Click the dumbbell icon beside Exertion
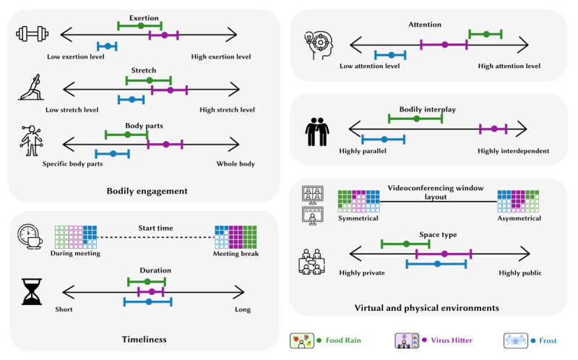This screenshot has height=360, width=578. pyautogui.click(x=33, y=34)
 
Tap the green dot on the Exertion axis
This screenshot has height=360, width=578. pyautogui.click(x=141, y=26)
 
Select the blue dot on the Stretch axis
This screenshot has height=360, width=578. pyautogui.click(x=132, y=100)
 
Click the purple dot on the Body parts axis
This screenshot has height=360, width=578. pyautogui.click(x=166, y=145)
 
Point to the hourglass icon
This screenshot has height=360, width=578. pyautogui.click(x=32, y=292)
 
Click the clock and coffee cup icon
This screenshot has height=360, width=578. pyautogui.click(x=30, y=236)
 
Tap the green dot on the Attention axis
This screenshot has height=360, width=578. pyautogui.click(x=486, y=34)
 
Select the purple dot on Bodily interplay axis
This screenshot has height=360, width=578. pyautogui.click(x=494, y=129)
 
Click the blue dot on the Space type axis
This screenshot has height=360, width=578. pyautogui.click(x=438, y=264)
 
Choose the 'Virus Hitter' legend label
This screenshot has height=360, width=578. pyautogui.click(x=452, y=340)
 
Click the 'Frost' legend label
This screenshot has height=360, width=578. pyautogui.click(x=548, y=340)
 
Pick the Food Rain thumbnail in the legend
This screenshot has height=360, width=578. pyautogui.click(x=302, y=340)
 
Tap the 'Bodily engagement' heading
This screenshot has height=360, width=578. pyautogui.click(x=147, y=191)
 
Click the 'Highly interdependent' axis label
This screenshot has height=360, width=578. pyautogui.click(x=513, y=151)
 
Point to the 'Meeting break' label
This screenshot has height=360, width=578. pyautogui.click(x=236, y=254)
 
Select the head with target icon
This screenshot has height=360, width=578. pyautogui.click(x=319, y=46)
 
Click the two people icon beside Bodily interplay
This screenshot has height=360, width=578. pyautogui.click(x=317, y=132)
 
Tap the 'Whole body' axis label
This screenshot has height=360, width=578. pyautogui.click(x=236, y=164)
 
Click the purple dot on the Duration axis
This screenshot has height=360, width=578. pyautogui.click(x=152, y=292)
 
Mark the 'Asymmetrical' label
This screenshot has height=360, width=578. pyautogui.click(x=519, y=218)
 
